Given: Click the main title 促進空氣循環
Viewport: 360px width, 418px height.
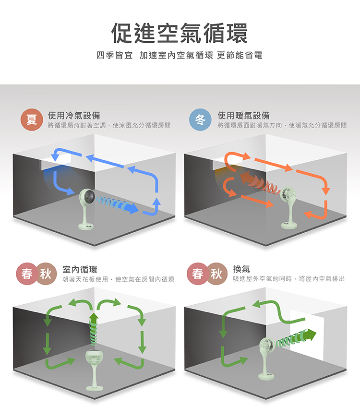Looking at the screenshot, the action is pos(180,33).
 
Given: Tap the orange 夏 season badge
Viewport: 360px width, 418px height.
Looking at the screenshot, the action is pos(32,119).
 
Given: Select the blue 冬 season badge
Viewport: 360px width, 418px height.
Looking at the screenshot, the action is pos(200,119).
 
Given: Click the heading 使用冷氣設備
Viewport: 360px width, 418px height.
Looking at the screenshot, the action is pos(74,116).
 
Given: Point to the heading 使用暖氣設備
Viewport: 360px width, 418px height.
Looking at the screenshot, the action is pos(243,116).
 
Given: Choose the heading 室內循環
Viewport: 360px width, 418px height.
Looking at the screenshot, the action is pos(80,270).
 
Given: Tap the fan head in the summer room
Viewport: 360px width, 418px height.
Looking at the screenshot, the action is pos(87,197).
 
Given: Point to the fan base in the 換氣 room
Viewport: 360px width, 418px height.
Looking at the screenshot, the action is pos(266,376).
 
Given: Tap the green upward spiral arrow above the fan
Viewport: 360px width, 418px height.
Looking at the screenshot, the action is pos(94,329).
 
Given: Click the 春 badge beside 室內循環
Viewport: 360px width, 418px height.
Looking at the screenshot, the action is pos(27,274).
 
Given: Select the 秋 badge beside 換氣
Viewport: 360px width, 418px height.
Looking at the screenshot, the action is pos(216,274).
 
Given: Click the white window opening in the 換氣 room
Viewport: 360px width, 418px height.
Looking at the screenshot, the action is pos(307,334).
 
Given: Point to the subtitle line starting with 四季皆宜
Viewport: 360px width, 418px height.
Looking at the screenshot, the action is pos(180,56).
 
